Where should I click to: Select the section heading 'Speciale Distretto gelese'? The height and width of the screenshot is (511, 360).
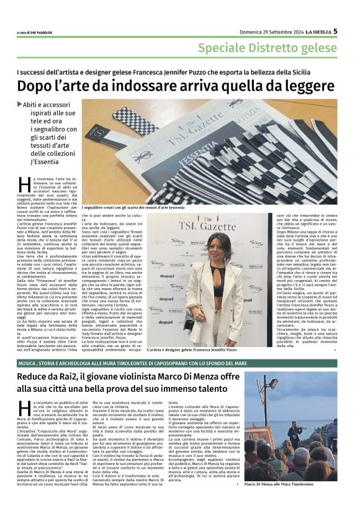click(x=268, y=48)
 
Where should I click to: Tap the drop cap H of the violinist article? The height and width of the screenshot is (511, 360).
click(x=22, y=408)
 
